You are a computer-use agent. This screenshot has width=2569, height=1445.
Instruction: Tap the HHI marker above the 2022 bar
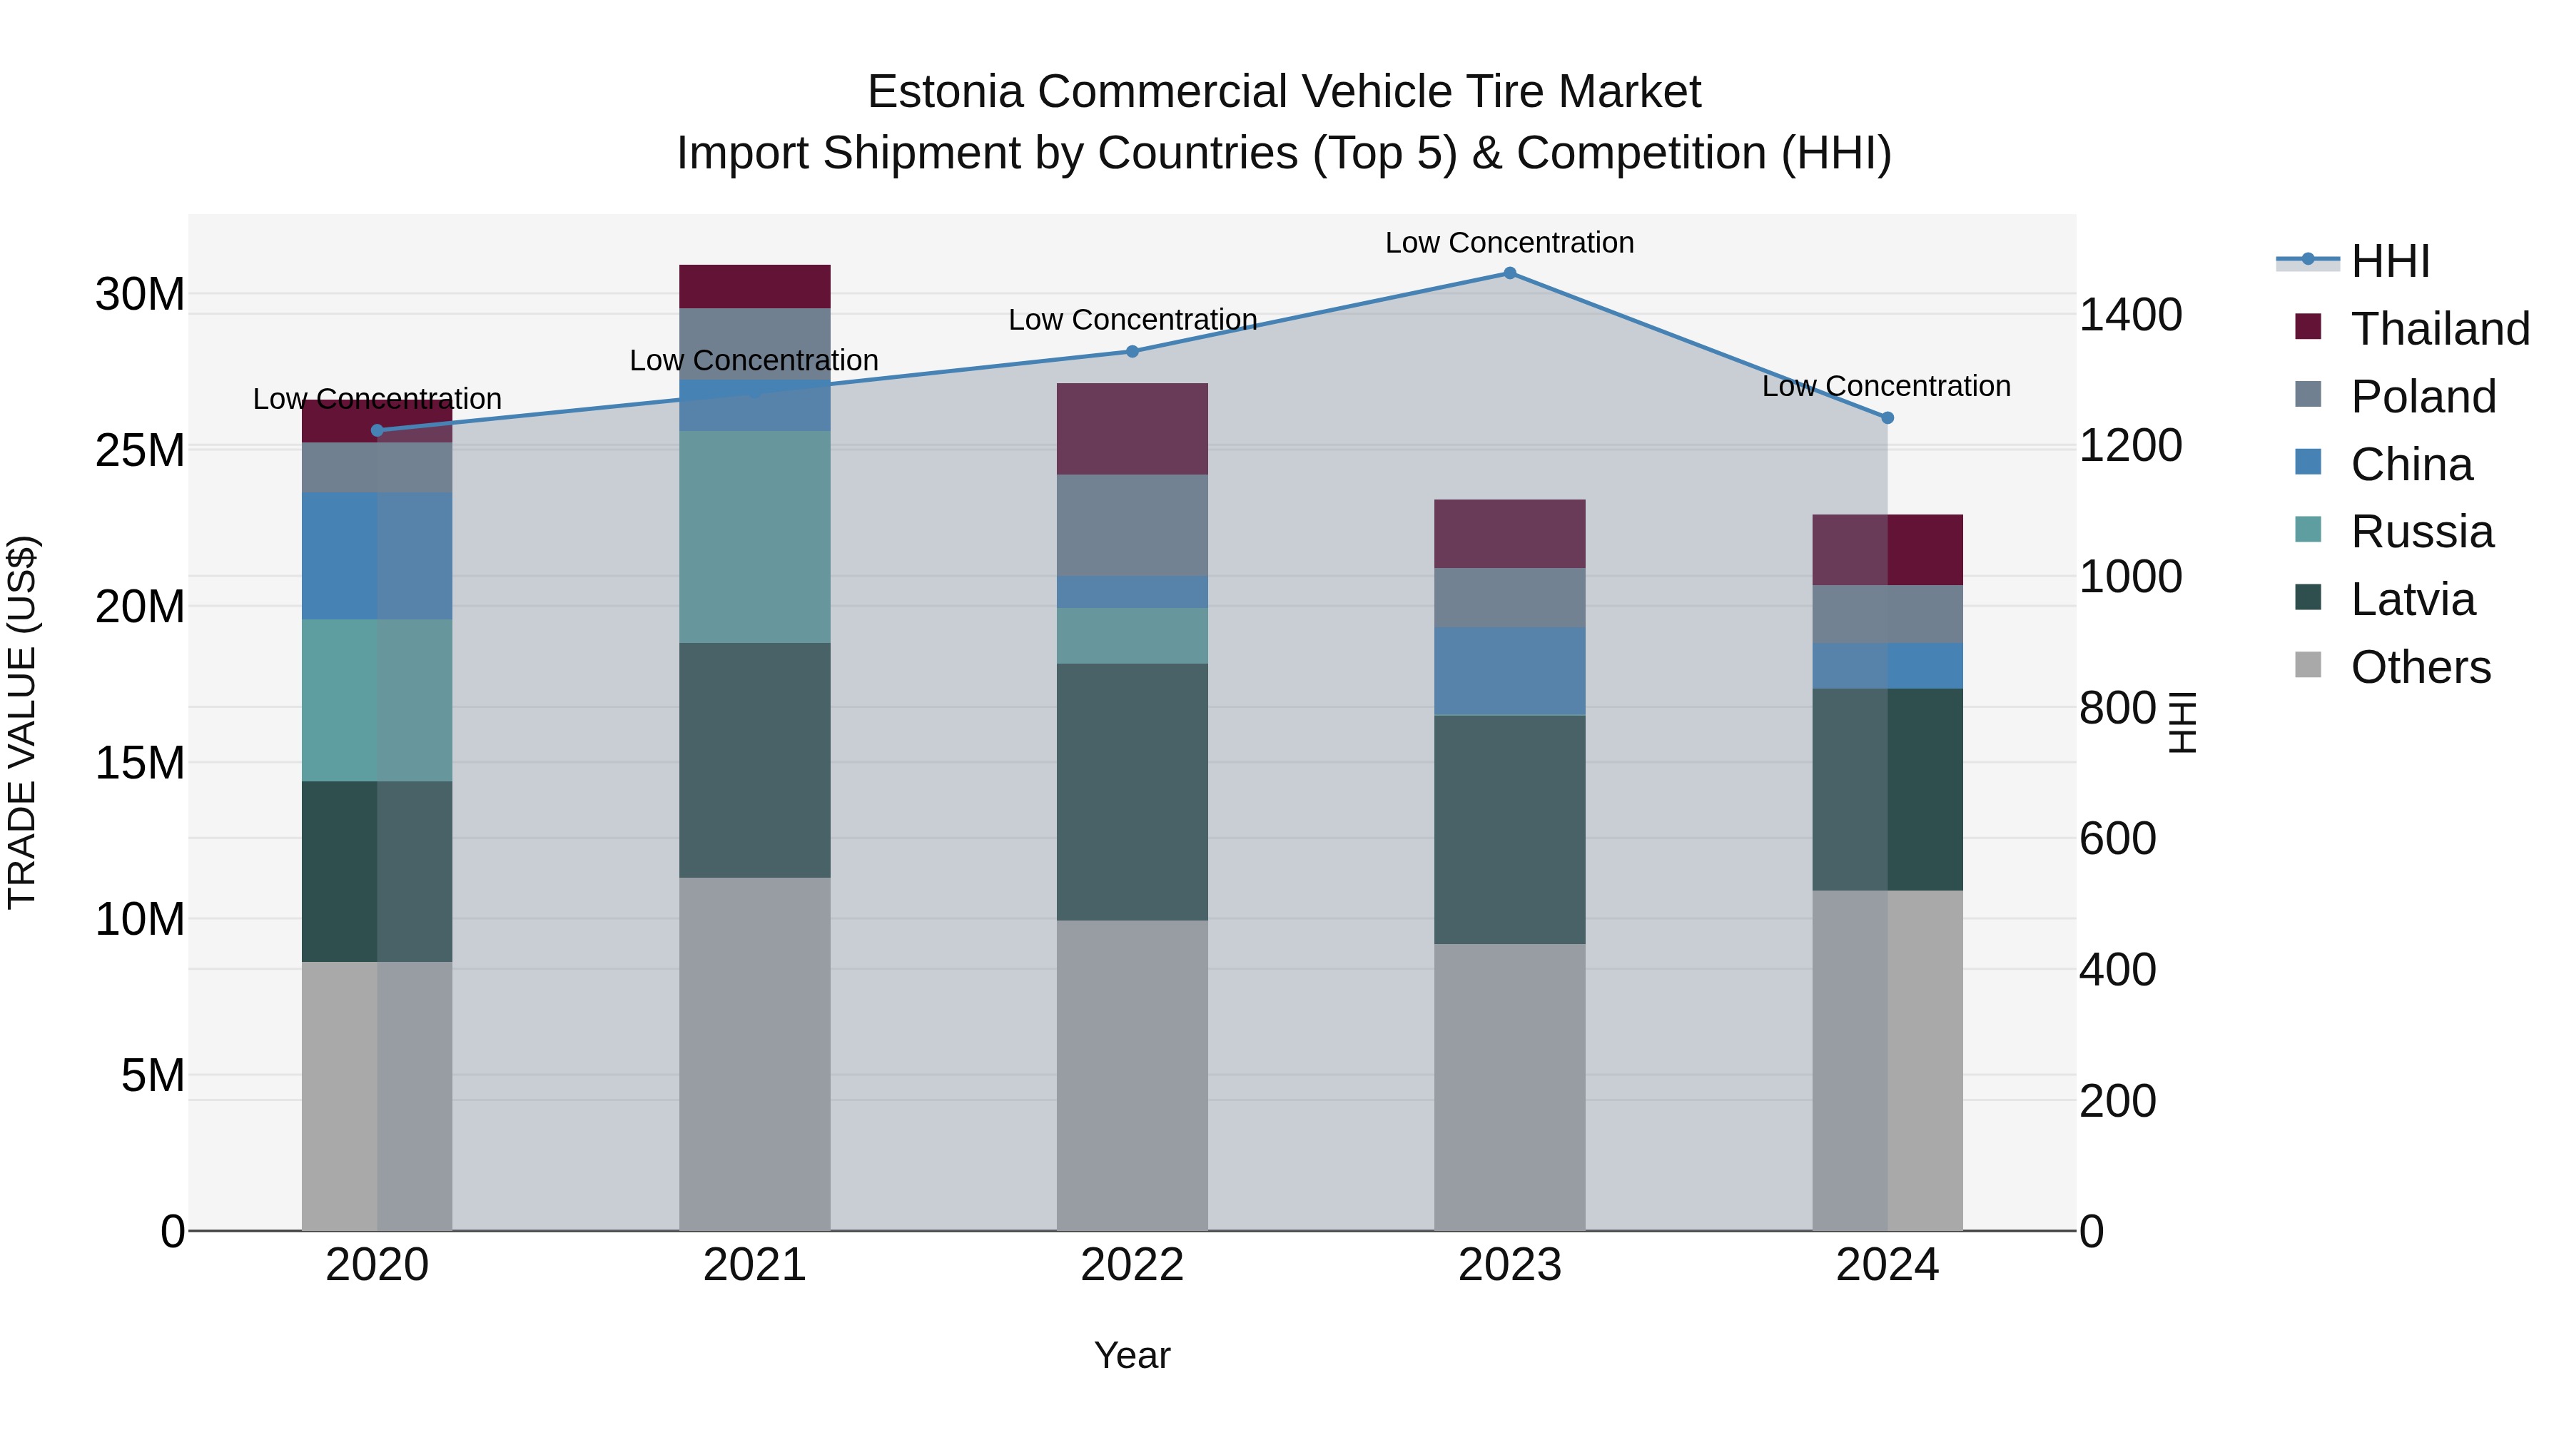pyautogui.click(x=1132, y=351)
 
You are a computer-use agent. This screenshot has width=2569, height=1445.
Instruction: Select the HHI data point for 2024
pyautogui.click(x=1887, y=418)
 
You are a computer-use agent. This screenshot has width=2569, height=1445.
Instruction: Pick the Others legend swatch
pyautogui.click(x=2308, y=665)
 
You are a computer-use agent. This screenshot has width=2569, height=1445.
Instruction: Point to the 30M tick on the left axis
pyautogui.click(x=140, y=295)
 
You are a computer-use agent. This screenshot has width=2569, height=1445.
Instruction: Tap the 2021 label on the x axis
pyautogui.click(x=754, y=1265)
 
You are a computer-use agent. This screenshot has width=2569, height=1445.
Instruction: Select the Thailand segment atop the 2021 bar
pyautogui.click(x=754, y=286)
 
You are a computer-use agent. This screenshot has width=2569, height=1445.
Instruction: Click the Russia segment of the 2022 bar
pyautogui.click(x=1132, y=635)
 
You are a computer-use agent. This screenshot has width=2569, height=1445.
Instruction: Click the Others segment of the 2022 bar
pyautogui.click(x=1132, y=1075)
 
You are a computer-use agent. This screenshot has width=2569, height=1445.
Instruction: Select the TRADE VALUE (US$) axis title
pyautogui.click(x=22, y=722)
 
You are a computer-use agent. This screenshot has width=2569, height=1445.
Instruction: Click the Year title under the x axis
pyautogui.click(x=1132, y=1355)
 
